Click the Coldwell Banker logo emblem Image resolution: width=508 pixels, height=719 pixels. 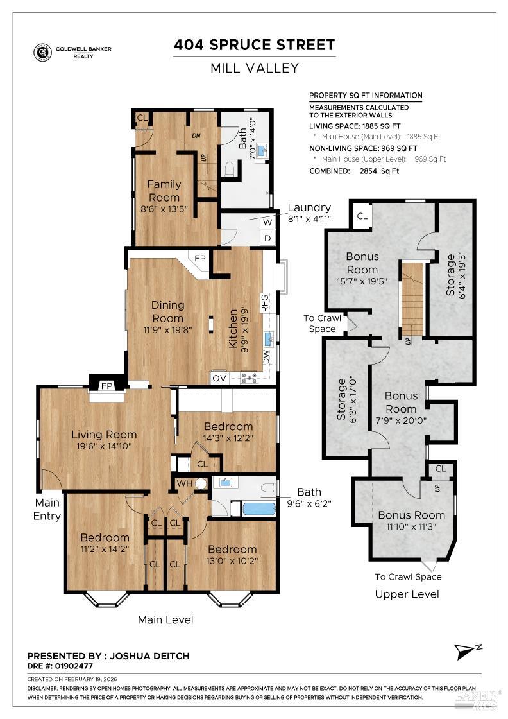click(42, 52)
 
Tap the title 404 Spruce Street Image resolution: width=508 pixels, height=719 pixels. click(255, 45)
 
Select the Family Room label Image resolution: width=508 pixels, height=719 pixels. click(164, 191)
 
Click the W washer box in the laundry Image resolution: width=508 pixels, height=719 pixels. click(267, 222)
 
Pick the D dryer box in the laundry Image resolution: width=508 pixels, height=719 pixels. click(267, 238)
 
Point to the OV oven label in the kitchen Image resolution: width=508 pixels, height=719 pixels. click(219, 377)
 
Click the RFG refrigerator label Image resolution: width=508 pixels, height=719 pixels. click(264, 302)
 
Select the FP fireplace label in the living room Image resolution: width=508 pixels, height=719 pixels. click(106, 386)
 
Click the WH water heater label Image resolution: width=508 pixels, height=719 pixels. click(184, 483)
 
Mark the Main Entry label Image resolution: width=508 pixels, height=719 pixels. click(47, 509)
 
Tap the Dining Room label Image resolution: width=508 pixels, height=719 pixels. click(168, 311)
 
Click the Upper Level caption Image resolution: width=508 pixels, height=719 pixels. click(407, 594)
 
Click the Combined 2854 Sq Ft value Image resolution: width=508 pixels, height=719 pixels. click(382, 171)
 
